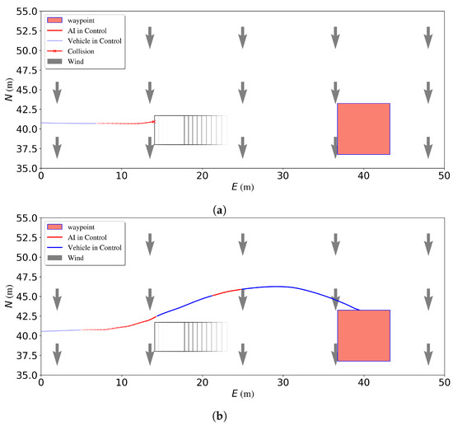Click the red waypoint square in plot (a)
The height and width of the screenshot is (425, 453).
pos(363,128)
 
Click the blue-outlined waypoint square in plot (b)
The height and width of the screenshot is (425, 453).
pos(363,335)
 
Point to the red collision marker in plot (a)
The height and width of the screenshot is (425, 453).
pos(153,121)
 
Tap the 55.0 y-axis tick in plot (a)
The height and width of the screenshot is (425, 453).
pos(24,12)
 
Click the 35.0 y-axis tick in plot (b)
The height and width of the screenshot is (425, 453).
pos(24,375)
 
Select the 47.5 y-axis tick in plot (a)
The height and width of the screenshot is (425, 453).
pos(24,70)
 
